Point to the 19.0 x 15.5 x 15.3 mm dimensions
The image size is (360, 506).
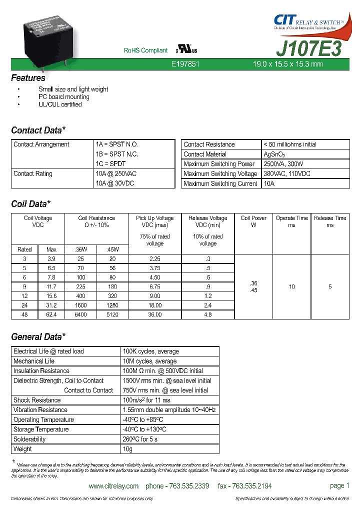tap(287, 64)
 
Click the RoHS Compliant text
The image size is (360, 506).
tap(145, 50)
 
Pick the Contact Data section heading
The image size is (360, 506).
tap(38, 130)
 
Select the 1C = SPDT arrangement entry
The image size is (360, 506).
tap(110, 164)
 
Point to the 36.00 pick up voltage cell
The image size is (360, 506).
tap(154, 315)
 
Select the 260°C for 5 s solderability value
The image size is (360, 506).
tap(140, 439)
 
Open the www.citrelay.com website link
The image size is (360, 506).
tap(113, 486)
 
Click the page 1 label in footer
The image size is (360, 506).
tap(340, 485)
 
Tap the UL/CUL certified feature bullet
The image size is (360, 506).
tap(60, 104)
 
